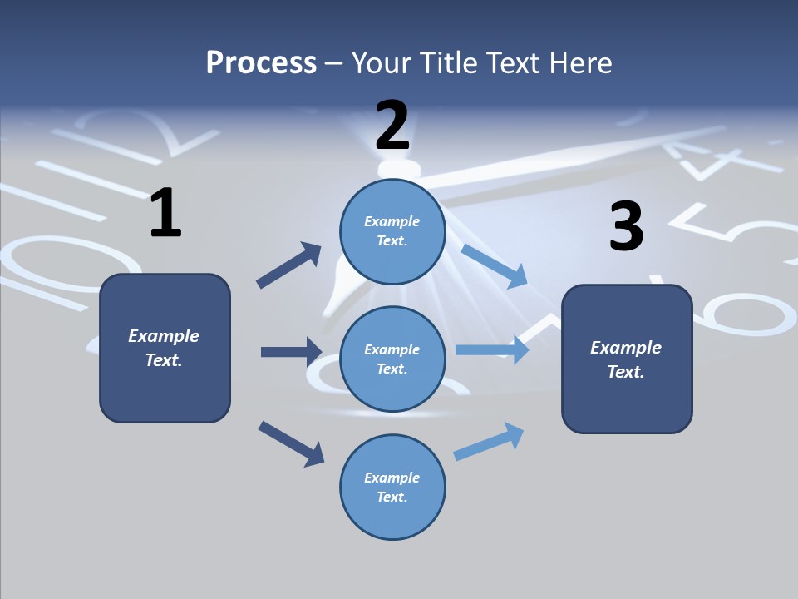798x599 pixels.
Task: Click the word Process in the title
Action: pyautogui.click(x=261, y=62)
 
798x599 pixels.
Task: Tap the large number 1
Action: pyautogui.click(x=165, y=214)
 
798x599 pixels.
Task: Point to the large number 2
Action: pyautogui.click(x=392, y=126)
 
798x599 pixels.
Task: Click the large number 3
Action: pyautogui.click(x=626, y=226)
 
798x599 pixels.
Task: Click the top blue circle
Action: pyautogui.click(x=392, y=231)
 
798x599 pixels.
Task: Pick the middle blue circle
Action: pyautogui.click(x=392, y=359)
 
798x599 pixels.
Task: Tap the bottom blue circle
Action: pyautogui.click(x=392, y=487)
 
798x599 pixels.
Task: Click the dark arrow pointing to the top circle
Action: pyautogui.click(x=289, y=265)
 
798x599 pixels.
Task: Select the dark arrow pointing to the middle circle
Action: pyautogui.click(x=291, y=352)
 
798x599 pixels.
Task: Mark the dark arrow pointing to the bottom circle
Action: pyautogui.click(x=291, y=443)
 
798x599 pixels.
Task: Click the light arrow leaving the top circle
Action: pyautogui.click(x=494, y=265)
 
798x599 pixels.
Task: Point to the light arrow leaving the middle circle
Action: pyautogui.click(x=492, y=349)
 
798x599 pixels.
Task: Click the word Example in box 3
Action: pyautogui.click(x=626, y=348)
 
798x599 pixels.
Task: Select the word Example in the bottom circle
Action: pyautogui.click(x=392, y=478)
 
